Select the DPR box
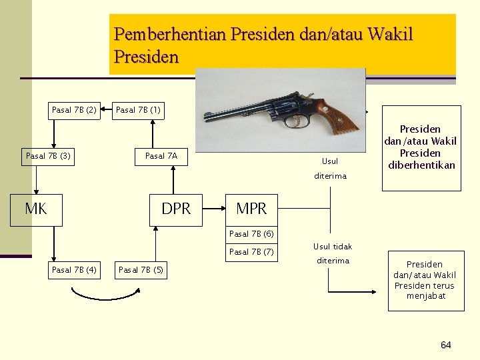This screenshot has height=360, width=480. tap(176, 209)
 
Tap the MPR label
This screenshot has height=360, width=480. tap(251, 209)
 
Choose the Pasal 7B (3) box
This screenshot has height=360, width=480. tap(48, 157)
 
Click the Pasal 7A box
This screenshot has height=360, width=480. tap(162, 157)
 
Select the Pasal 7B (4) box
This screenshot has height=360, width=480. tap(74, 270)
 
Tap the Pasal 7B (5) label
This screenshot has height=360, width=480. tap(141, 270)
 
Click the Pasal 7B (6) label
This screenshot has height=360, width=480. tap(251, 234)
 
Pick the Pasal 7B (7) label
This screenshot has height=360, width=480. tap(251, 252)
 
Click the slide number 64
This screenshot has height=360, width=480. tap(445, 345)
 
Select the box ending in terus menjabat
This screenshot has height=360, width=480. tap(424, 280)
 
